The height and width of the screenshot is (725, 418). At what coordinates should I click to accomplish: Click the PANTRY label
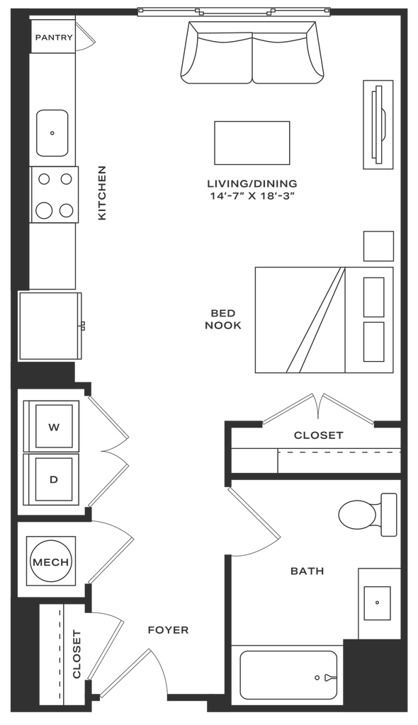[x=54, y=38]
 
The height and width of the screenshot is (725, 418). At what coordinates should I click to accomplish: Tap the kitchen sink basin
[x=52, y=133]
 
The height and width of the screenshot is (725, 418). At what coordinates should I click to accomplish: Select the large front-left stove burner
[x=45, y=210]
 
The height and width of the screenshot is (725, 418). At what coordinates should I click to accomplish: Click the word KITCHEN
[x=102, y=193]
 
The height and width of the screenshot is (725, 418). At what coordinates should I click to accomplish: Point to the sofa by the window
[x=252, y=52]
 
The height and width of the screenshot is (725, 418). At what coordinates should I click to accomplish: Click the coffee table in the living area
[x=252, y=143]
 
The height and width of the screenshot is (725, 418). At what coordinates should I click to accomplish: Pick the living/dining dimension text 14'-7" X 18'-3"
[x=252, y=196]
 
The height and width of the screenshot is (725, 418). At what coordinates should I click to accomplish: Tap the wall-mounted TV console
[x=378, y=125]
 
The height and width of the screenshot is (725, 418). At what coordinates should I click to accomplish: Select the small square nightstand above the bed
[x=378, y=246]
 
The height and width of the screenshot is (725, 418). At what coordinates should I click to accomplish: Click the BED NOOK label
[x=223, y=319]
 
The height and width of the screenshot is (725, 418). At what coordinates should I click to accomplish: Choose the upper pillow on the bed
[x=373, y=297]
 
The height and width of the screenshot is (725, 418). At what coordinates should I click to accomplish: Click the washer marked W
[x=54, y=427]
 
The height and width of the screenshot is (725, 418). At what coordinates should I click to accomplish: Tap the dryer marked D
[x=54, y=479]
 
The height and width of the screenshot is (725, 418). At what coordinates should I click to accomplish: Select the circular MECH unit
[x=51, y=562]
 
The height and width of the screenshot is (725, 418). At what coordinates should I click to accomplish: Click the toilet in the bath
[x=368, y=514]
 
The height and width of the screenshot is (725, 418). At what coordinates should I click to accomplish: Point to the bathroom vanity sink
[x=377, y=603]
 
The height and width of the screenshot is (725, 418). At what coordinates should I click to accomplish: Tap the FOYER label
[x=168, y=629]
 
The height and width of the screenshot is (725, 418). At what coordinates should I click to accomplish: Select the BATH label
[x=307, y=571]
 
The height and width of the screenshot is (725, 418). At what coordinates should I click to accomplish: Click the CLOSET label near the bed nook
[x=319, y=435]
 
